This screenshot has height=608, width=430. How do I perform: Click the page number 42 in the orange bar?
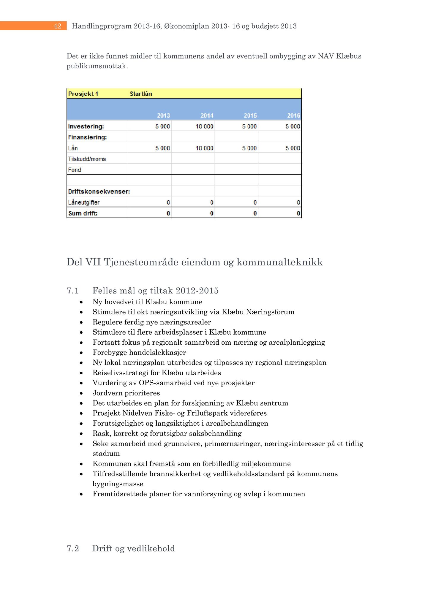coord(57,26)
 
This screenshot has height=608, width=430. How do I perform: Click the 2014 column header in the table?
coord(207,115)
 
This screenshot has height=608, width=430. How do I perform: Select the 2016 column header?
coord(293,115)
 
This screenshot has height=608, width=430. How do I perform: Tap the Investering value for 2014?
coord(204,126)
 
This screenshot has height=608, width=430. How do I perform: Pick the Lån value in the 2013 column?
coord(163,148)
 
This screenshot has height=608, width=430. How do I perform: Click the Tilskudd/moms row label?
coord(87,159)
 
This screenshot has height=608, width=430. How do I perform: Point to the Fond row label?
coord(75,170)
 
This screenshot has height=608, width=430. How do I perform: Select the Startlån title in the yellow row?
coord(141,94)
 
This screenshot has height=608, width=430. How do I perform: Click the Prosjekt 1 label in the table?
coord(83,94)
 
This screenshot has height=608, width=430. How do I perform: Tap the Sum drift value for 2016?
coord(298,213)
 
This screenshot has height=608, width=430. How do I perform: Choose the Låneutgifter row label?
coord(84,202)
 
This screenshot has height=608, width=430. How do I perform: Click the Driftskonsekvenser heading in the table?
coord(99,191)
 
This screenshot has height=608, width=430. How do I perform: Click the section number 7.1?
coord(73,291)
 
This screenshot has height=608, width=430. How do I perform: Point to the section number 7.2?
coord(73,548)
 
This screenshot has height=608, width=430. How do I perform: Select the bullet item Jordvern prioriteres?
coord(126,393)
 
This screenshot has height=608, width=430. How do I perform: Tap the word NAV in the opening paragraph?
coord(326,56)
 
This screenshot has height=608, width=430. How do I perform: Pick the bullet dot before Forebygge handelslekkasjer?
coord(81,353)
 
